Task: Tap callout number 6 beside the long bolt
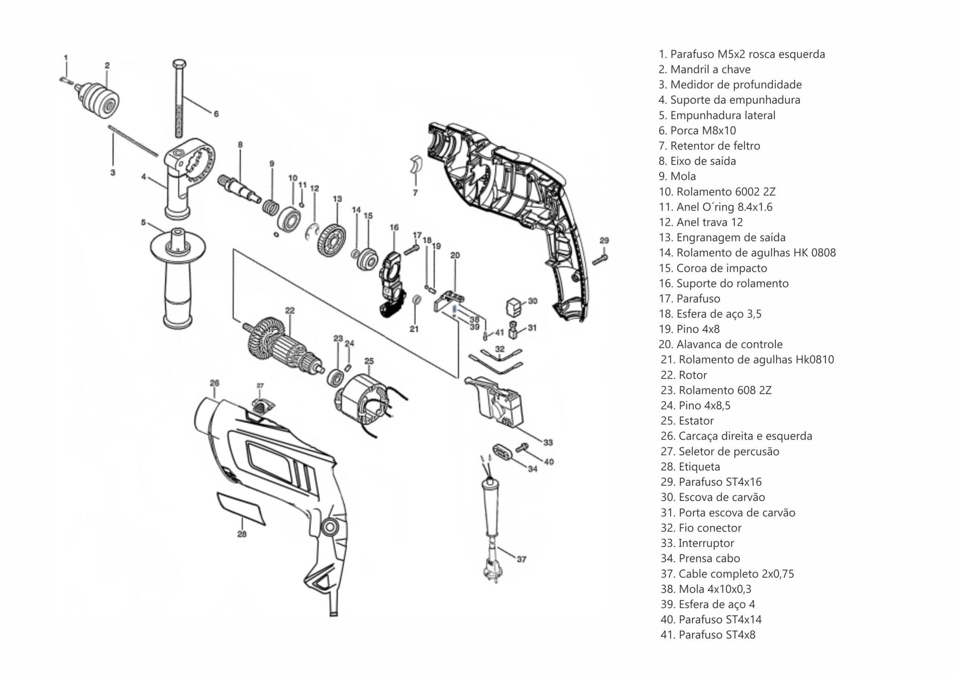click(216, 113)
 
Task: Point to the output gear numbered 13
click(332, 241)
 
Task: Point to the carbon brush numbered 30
click(514, 307)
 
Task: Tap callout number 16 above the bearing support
click(394, 227)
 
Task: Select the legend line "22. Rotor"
click(683, 375)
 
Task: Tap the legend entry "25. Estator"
click(687, 421)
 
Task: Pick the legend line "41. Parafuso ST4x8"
click(708, 635)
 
